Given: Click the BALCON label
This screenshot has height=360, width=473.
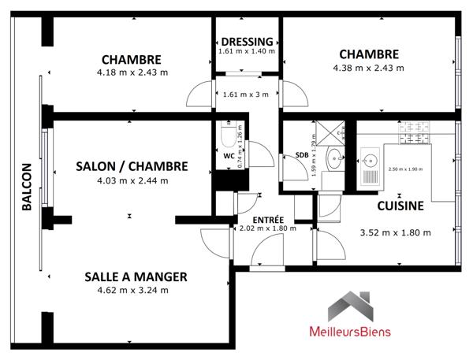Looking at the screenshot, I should [x=26, y=187].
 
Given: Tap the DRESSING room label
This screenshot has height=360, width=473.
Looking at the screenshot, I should [x=247, y=42].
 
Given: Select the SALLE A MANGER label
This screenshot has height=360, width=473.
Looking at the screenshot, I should [x=136, y=276].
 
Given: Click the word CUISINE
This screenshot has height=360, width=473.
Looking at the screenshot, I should [x=400, y=206].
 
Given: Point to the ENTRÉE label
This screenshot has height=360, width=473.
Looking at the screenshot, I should [x=267, y=219].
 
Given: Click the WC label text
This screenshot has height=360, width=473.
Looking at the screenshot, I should [x=229, y=156].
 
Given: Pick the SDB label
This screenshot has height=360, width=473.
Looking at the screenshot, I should [x=301, y=155].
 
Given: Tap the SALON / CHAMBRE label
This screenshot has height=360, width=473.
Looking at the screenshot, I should [x=132, y=166].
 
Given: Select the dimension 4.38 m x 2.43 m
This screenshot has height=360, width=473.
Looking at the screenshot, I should [x=368, y=67].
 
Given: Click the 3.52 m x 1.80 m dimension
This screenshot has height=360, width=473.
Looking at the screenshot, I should [x=395, y=232].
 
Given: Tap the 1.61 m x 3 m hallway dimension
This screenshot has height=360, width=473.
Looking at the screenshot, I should [x=246, y=95].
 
